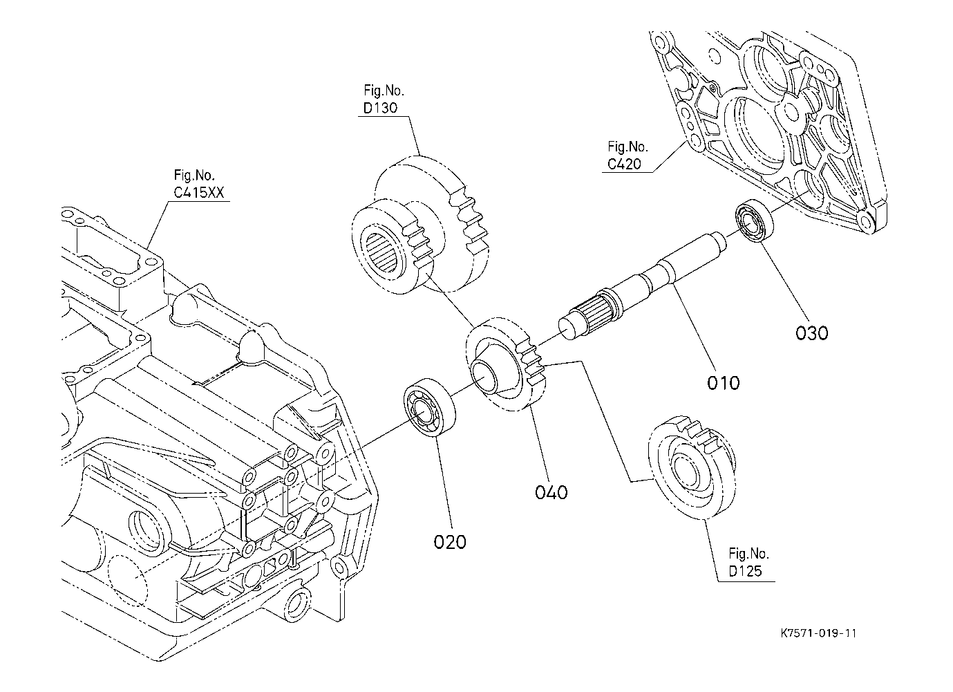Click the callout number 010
(723, 382)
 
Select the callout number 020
(450, 541)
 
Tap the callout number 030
(811, 333)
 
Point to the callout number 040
(551, 492)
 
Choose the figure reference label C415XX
(198, 193)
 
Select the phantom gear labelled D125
(690, 467)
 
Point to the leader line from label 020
(442, 484)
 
